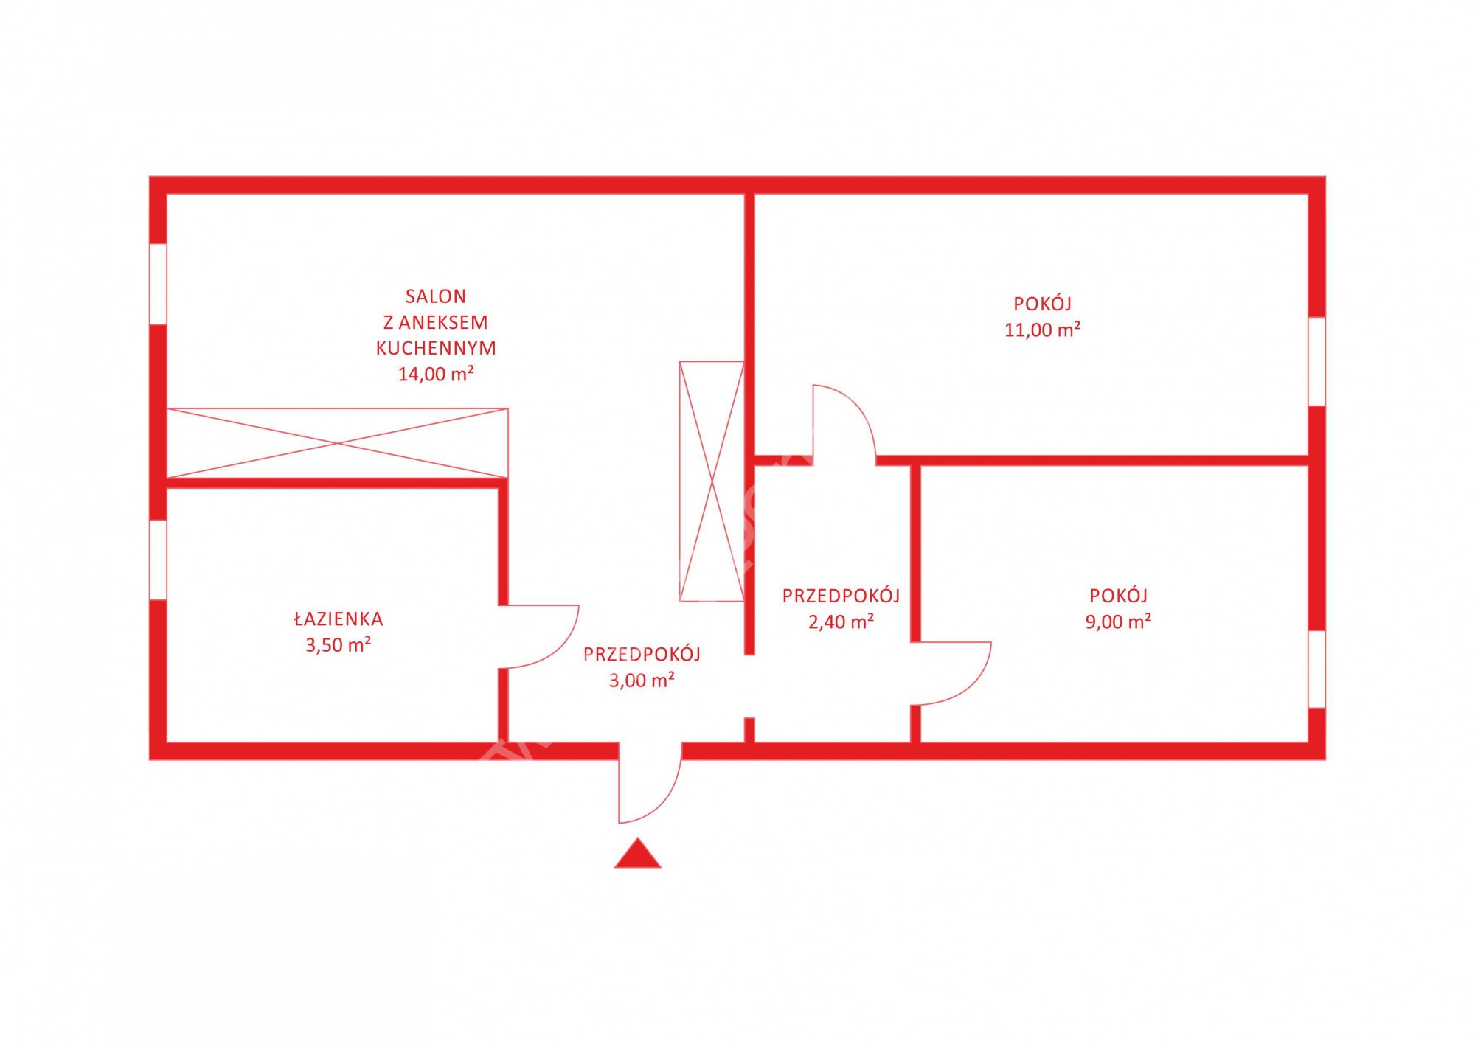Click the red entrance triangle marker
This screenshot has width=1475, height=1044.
(638, 855)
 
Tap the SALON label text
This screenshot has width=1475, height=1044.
(436, 296)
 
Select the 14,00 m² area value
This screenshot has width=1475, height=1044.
(436, 374)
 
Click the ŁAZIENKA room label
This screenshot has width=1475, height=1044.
(339, 619)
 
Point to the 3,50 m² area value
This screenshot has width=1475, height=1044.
(339, 645)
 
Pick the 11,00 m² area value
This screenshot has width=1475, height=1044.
(1043, 330)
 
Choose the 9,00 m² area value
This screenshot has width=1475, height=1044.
(1119, 622)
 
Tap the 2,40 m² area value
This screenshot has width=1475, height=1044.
(841, 622)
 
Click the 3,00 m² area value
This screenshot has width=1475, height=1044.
(642, 680)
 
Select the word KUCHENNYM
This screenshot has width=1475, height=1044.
(436, 348)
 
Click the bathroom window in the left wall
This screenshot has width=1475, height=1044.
(158, 560)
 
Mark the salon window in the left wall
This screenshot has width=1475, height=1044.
(158, 283)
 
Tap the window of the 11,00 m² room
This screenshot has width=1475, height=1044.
(1317, 361)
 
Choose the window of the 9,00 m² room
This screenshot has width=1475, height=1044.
(1317, 669)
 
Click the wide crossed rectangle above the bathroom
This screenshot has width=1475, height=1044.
(338, 443)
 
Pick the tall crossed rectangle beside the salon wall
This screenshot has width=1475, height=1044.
(712, 481)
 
